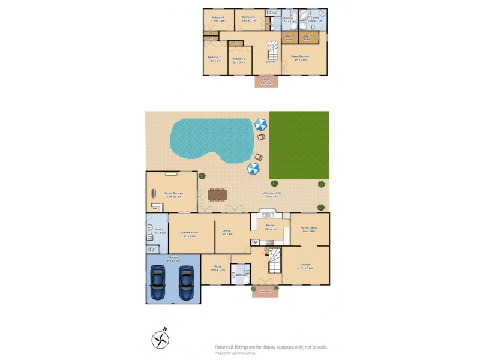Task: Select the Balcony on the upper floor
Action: pos(266,81)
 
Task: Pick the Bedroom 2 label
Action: pos(239,60)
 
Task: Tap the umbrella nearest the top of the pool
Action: pos(260,124)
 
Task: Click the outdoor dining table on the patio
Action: pos(218,194)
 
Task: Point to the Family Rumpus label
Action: pos(173,194)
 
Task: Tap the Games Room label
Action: pos(190,235)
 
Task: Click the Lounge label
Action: pos(305,266)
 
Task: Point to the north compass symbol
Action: pos(160,340)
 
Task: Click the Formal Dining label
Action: pos(310,229)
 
